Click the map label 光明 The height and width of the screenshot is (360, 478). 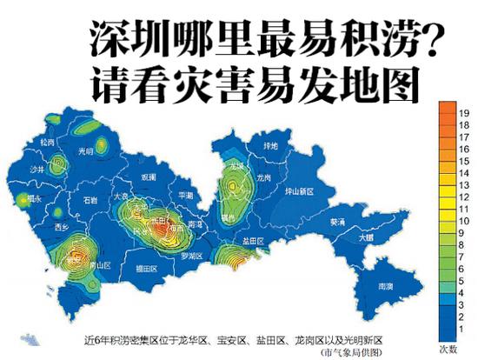pyautogui.click(x=86, y=150)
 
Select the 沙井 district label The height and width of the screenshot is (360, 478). pyautogui.click(x=37, y=170)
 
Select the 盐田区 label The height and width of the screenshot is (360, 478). pyautogui.click(x=254, y=239)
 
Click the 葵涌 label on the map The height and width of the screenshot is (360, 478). pyautogui.click(x=336, y=222)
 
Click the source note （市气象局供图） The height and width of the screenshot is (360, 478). pyautogui.click(x=353, y=352)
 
